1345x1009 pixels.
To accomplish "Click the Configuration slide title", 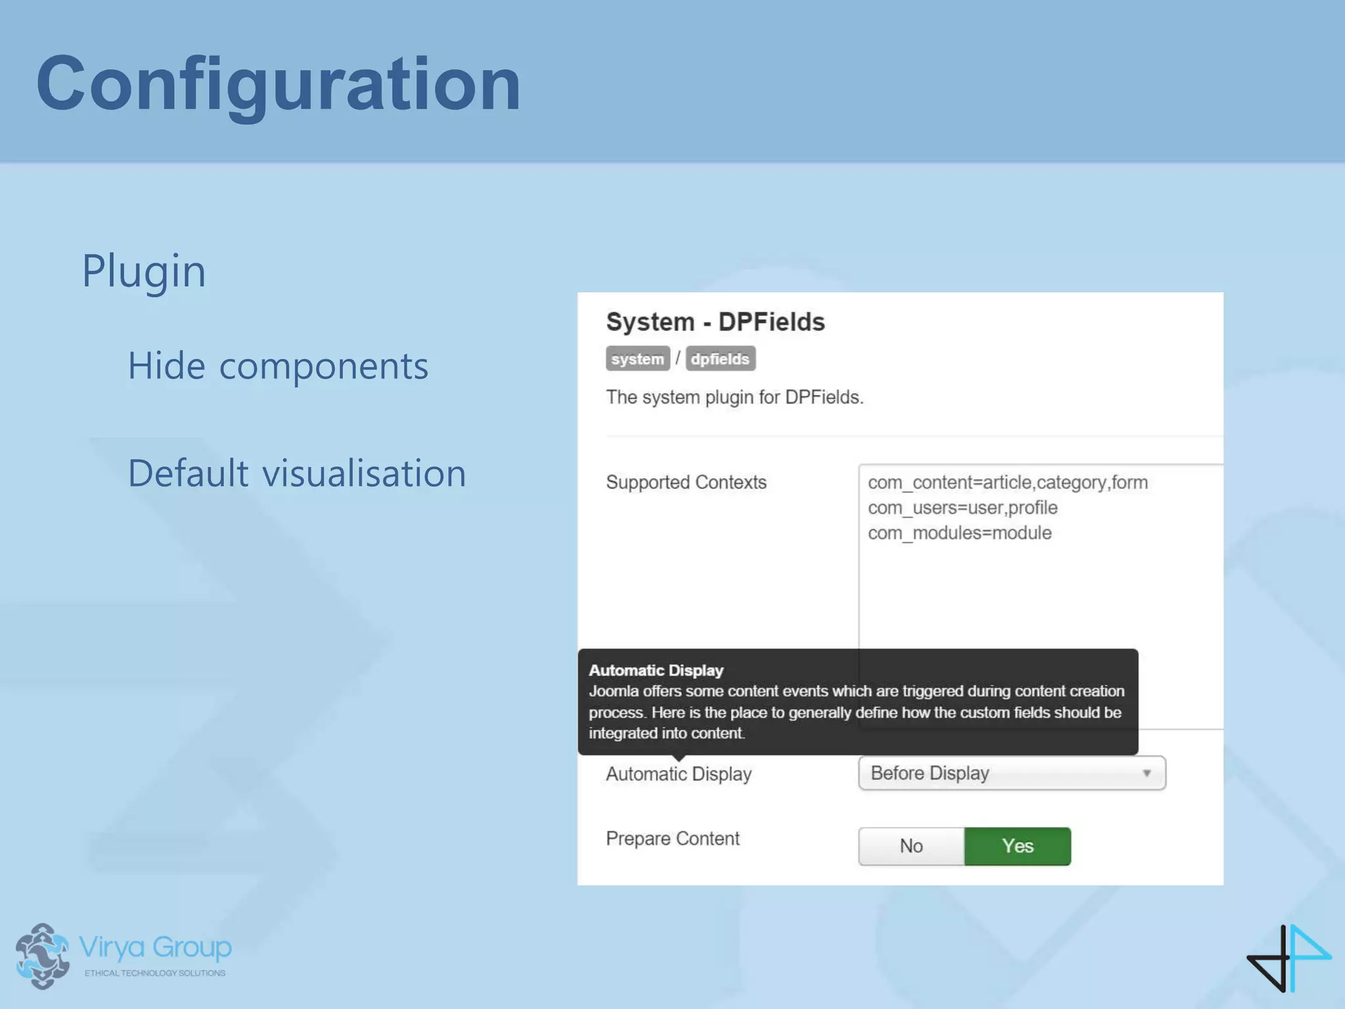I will (x=278, y=84).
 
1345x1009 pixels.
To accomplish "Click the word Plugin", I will (x=144, y=271).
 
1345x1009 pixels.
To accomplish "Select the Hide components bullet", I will (x=278, y=366).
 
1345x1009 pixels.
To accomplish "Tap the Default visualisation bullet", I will (x=297, y=473).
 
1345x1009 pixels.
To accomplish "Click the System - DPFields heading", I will (x=715, y=322).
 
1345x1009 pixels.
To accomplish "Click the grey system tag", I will (x=637, y=359).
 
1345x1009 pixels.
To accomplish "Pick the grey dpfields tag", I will (x=720, y=359).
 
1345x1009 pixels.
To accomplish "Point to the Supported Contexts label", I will (x=686, y=482).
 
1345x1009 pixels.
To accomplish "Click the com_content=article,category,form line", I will (x=1007, y=482).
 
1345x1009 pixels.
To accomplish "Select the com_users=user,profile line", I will (x=962, y=508).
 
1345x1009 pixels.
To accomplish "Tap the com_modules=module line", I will (x=959, y=533).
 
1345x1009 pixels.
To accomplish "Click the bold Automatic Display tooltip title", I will (x=656, y=670).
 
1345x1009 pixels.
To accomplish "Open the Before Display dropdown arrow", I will (x=1146, y=773).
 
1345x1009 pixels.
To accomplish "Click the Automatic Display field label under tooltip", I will (x=678, y=774).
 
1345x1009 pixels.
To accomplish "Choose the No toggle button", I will (x=911, y=846).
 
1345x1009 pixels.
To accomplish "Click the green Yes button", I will (x=1017, y=846).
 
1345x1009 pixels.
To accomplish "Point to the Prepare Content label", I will (x=672, y=839).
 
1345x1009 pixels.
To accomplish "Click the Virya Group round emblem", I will (x=42, y=956).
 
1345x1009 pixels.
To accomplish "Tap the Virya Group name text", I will (x=155, y=948).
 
